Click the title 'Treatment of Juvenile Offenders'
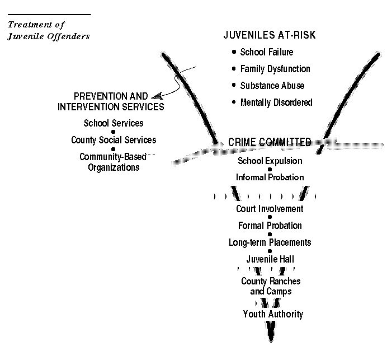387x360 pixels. [x=49, y=30]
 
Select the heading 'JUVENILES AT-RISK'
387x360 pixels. [x=270, y=35]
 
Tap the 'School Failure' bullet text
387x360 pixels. [x=267, y=52]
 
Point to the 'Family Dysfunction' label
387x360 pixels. [x=275, y=69]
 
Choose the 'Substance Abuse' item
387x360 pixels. [x=272, y=86]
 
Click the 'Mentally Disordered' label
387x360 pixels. [x=276, y=102]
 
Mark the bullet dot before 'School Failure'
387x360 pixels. [x=234, y=52]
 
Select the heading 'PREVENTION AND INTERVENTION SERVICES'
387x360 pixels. [x=111, y=101]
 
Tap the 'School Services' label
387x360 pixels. [x=114, y=123]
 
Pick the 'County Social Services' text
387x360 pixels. [x=114, y=140]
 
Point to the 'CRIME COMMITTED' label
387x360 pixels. [x=270, y=142]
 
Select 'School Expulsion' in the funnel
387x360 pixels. [x=270, y=161]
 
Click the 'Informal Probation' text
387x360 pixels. [x=270, y=177]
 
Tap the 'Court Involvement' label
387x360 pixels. [x=270, y=209]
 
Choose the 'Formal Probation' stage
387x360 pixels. [x=270, y=226]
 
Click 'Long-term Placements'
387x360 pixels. [x=270, y=242]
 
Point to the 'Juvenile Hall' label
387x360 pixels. [x=270, y=259]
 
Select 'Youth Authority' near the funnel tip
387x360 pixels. [x=273, y=314]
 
